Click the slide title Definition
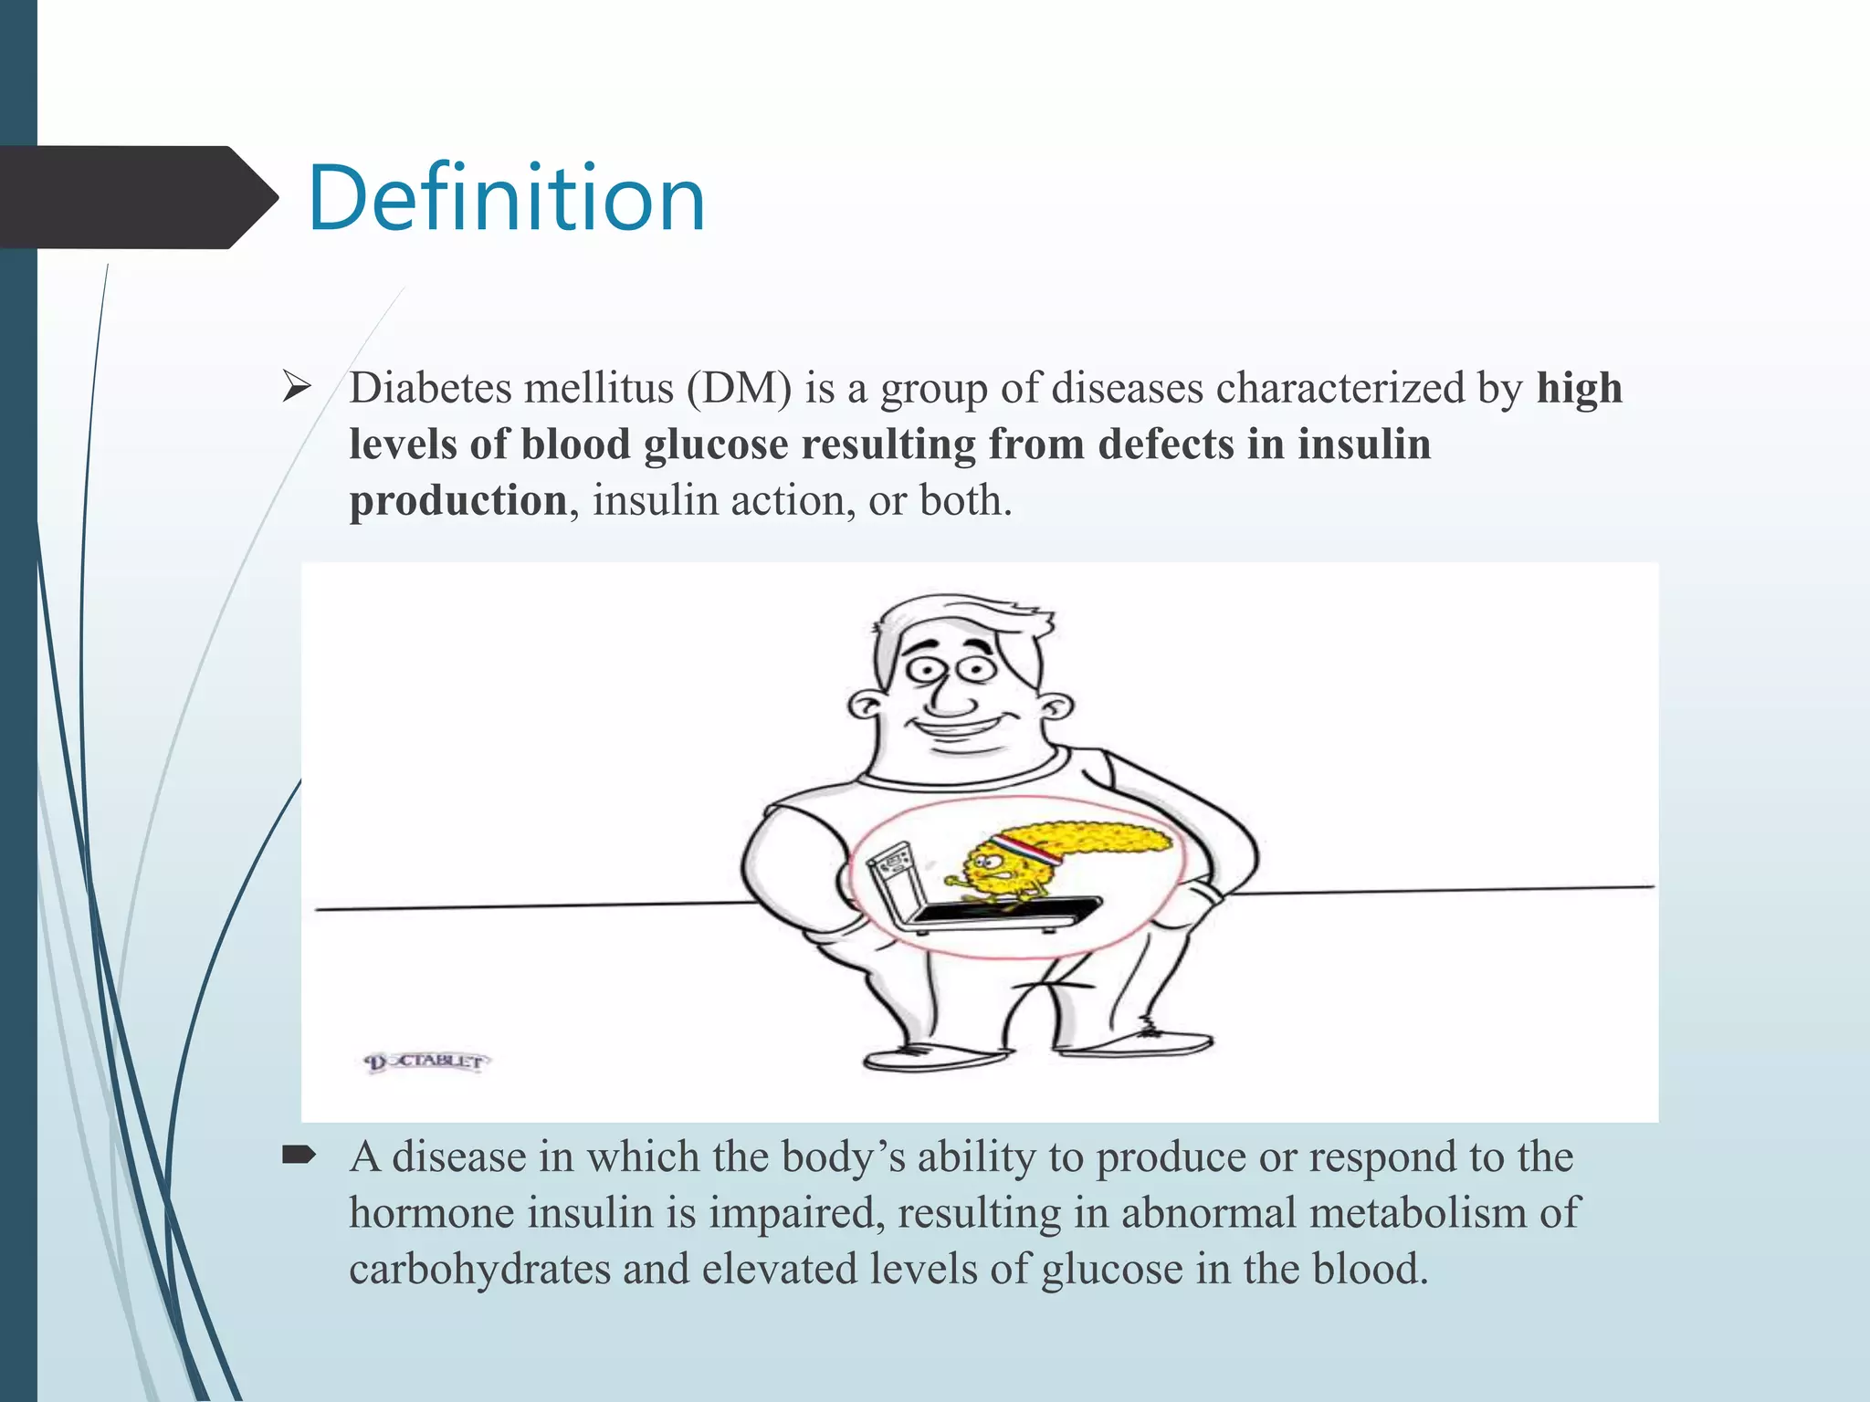(507, 198)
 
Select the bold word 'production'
(458, 501)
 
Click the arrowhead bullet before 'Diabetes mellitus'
(296, 388)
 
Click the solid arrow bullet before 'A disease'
(299, 1156)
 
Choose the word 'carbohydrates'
(479, 1270)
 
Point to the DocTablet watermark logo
(426, 1062)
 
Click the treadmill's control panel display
(888, 863)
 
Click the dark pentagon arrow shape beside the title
(137, 197)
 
